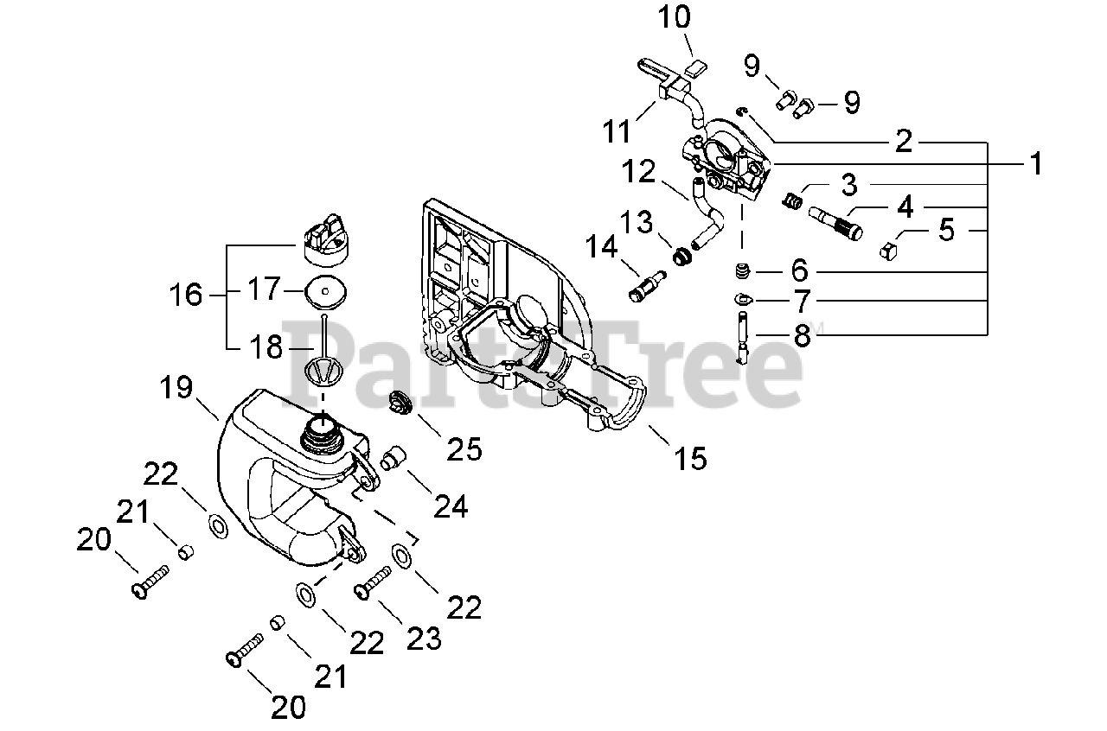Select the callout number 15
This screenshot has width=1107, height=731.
tap(691, 457)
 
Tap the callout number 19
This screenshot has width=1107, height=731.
tap(176, 388)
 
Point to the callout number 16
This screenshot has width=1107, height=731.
tap(186, 296)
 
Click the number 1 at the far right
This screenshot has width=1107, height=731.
tap(1035, 163)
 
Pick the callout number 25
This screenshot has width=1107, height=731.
tap(464, 448)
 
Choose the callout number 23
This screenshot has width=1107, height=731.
tap(424, 639)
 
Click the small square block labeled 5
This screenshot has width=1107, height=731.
tap(890, 251)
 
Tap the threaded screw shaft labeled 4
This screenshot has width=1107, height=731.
tap(836, 223)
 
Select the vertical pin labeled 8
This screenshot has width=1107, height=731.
tap(742, 339)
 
